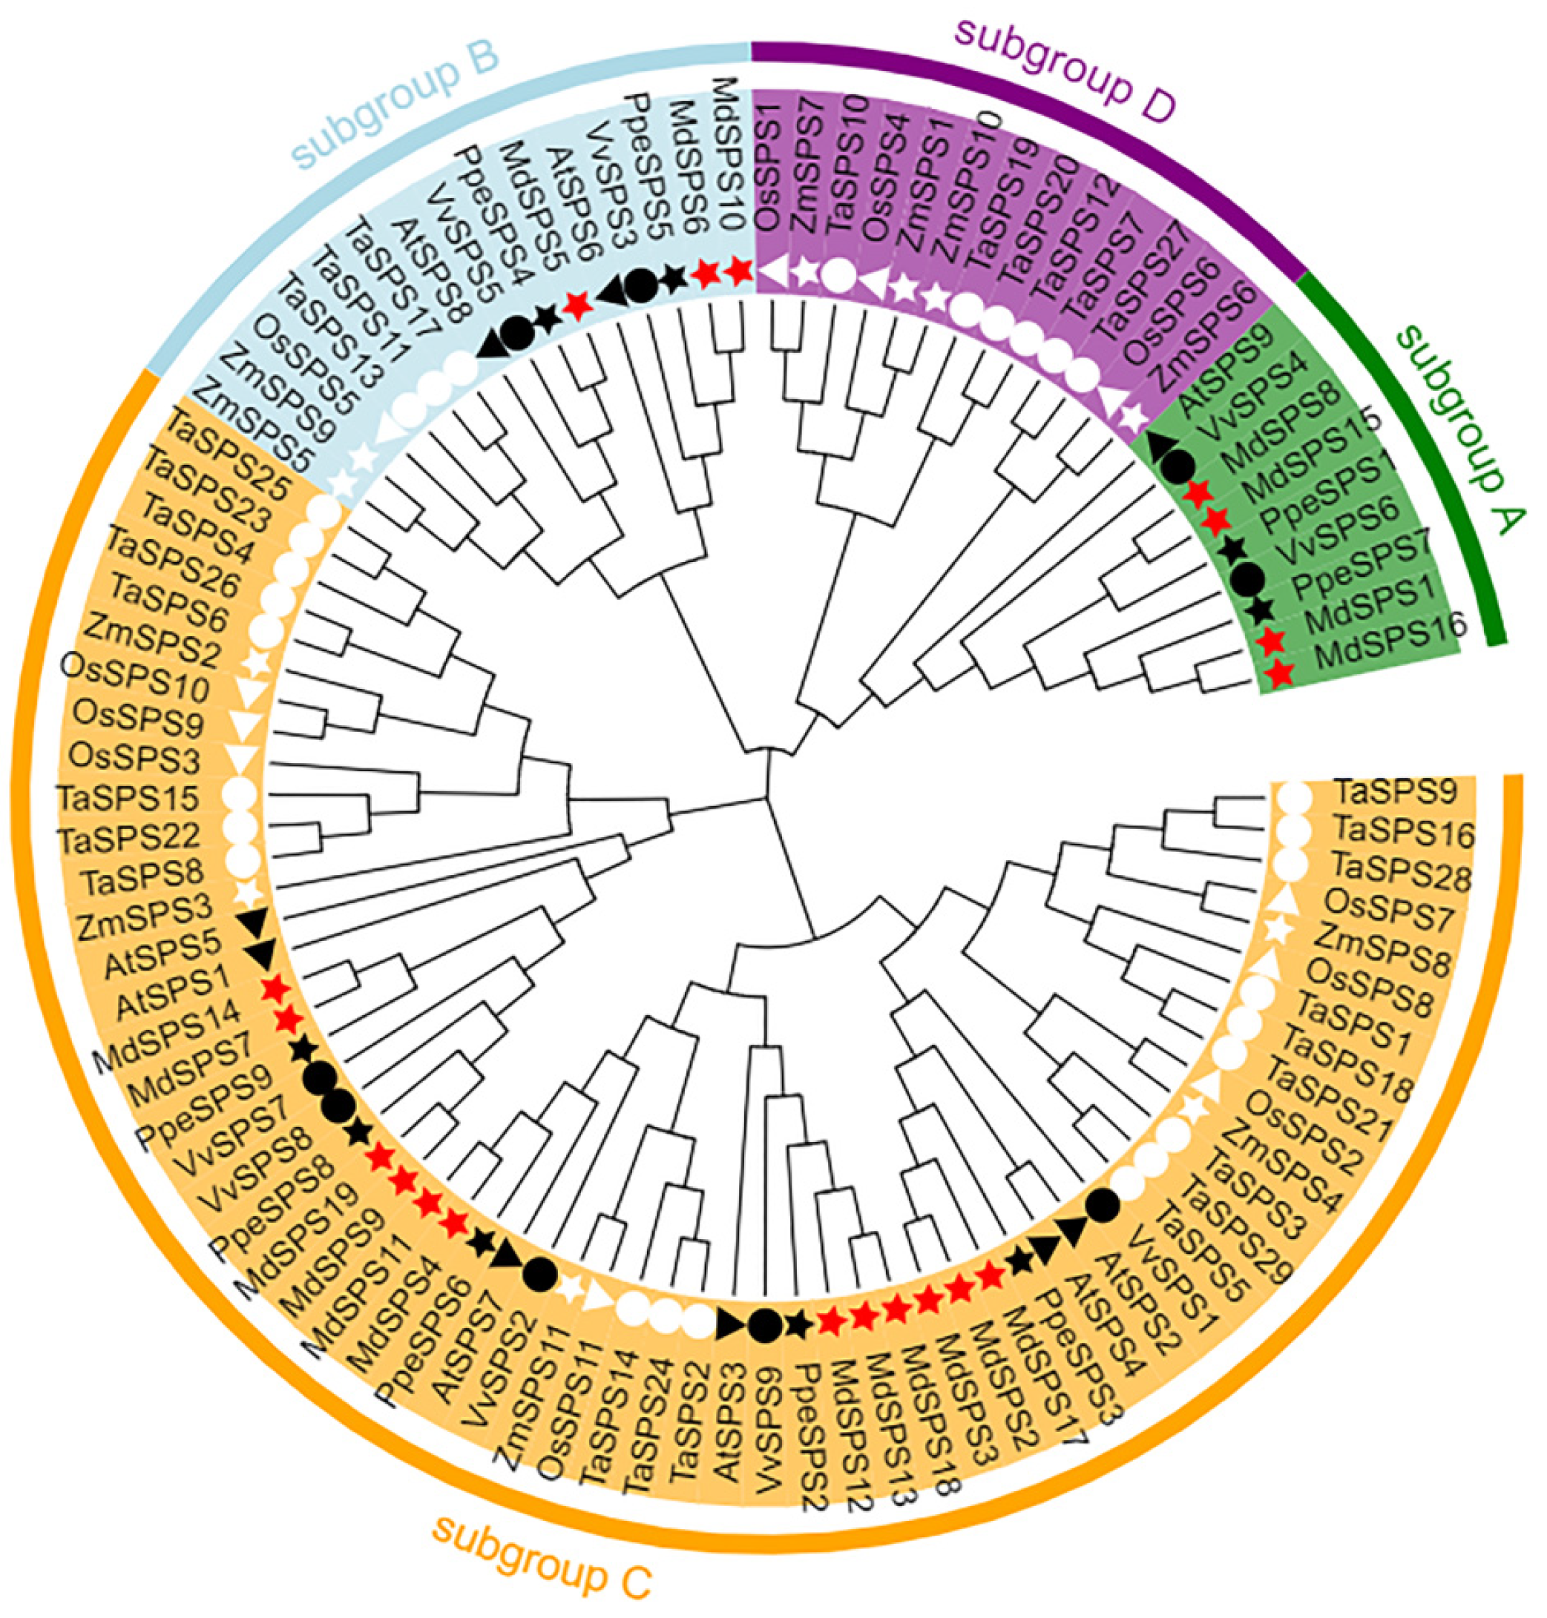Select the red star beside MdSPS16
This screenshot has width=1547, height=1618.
pyautogui.click(x=1279, y=673)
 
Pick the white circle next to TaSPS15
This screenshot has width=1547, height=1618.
pyautogui.click(x=239, y=795)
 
